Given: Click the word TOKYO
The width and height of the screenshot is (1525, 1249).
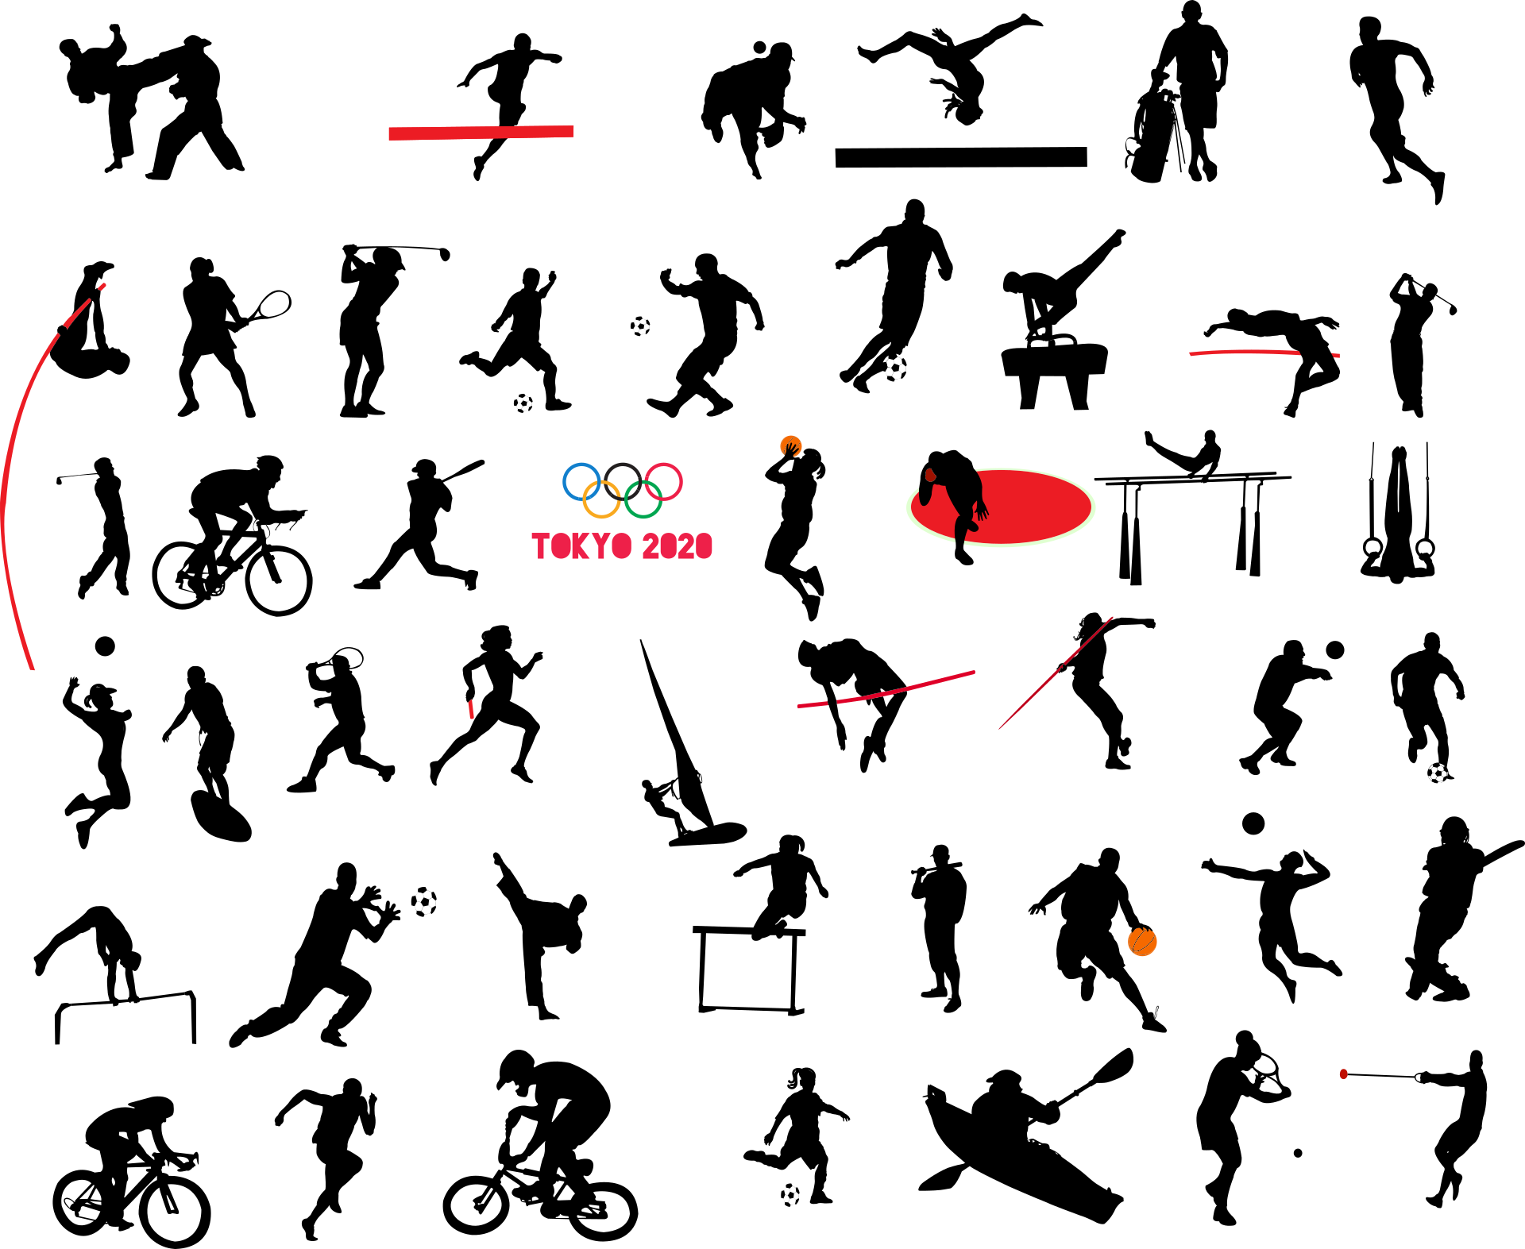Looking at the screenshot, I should (581, 546).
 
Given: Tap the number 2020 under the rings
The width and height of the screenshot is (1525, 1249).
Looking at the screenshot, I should (678, 546).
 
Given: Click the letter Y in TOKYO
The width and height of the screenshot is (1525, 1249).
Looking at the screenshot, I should (602, 546).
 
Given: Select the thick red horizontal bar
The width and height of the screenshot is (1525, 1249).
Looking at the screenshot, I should (481, 133).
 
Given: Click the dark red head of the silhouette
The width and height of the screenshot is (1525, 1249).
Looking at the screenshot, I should (930, 475).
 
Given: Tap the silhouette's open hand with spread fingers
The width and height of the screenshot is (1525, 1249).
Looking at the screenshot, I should (983, 511).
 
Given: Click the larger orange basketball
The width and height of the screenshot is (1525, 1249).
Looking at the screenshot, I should (1142, 942).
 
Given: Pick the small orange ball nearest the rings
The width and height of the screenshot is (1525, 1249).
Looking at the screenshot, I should (791, 446).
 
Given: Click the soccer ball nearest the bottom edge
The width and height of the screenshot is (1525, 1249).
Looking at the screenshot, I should (790, 1195).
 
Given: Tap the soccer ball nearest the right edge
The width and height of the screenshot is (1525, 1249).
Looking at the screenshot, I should (1438, 773).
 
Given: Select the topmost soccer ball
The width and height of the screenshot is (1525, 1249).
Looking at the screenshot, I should (640, 326).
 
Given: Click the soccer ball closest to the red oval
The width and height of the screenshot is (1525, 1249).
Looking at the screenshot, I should (894, 368).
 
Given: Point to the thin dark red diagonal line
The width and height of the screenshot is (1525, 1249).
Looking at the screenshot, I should (1056, 673).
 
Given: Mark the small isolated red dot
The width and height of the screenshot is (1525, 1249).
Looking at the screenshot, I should (1343, 1074).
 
